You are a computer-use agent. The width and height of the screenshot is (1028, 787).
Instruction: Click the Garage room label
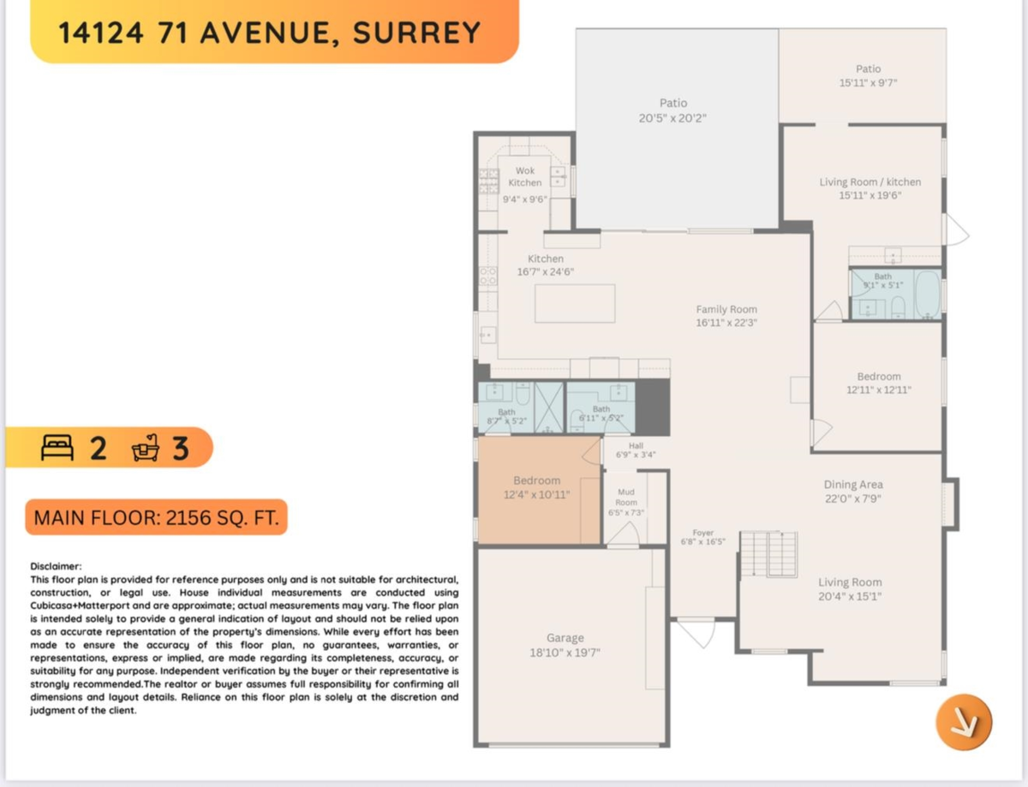pos(565,637)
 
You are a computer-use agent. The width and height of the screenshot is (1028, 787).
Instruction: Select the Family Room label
pos(726,309)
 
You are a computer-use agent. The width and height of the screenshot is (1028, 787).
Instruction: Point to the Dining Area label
pos(853,485)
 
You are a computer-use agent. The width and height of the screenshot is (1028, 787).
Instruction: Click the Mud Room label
pos(626,498)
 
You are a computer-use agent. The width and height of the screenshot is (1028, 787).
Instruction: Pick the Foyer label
pos(702,533)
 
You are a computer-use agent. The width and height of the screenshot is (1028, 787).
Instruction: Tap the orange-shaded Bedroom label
pos(536,480)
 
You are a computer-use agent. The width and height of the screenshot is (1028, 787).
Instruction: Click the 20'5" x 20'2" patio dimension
pos(672,118)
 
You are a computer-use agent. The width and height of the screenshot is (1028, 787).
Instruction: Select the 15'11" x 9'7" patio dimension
pos(868,83)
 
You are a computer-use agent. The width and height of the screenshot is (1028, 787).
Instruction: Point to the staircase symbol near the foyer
pos(768,554)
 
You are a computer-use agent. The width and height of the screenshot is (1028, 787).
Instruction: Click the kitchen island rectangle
pos(575,303)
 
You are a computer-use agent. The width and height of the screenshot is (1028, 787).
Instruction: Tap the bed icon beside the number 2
pos(59,447)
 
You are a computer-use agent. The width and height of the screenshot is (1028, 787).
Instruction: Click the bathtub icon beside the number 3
pos(147,447)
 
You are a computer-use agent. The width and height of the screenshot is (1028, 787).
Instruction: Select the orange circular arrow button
pos(963,721)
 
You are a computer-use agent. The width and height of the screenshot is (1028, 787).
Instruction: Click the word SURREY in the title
pos(417,33)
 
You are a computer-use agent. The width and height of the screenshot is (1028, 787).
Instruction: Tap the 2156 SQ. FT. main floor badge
pos(156,518)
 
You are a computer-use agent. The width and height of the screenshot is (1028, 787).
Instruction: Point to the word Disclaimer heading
pos(57,566)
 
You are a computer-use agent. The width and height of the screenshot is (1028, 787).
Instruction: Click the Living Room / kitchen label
pos(870,182)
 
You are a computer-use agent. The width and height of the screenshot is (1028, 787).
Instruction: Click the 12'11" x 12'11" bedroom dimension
pos(879,389)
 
